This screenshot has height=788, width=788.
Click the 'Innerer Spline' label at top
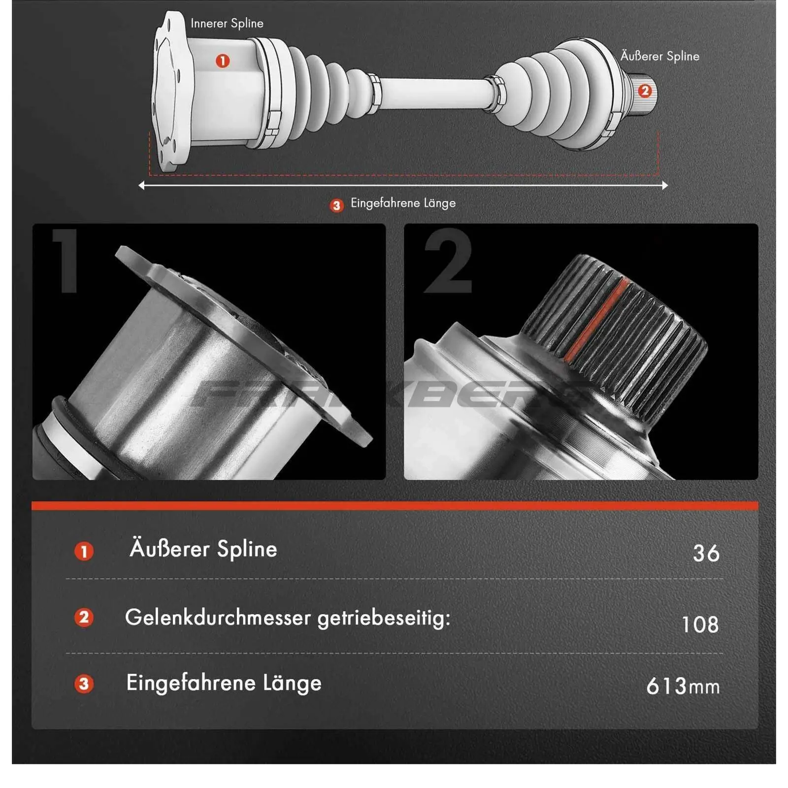tap(227, 23)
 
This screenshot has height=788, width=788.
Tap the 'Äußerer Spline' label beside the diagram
tap(659, 56)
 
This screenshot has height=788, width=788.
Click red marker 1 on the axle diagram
tap(223, 61)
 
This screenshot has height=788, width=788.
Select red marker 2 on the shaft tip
tap(645, 91)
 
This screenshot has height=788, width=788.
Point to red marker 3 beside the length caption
tap(336, 205)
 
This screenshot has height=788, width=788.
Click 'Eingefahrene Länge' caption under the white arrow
tap(403, 203)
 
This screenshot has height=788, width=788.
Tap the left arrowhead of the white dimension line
tap(142, 186)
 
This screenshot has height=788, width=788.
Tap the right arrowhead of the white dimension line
tap(665, 186)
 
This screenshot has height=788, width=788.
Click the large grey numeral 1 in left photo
tap(66, 261)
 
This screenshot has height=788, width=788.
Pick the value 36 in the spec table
tap(706, 553)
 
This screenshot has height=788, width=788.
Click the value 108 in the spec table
tap(700, 624)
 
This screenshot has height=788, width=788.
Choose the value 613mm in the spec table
tap(683, 686)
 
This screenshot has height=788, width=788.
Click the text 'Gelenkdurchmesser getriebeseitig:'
tap(288, 618)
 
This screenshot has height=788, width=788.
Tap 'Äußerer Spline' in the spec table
tap(203, 549)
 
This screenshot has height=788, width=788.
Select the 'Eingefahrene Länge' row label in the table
tap(224, 683)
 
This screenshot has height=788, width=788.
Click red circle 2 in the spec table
tap(84, 617)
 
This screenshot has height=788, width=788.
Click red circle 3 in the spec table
tap(84, 684)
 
